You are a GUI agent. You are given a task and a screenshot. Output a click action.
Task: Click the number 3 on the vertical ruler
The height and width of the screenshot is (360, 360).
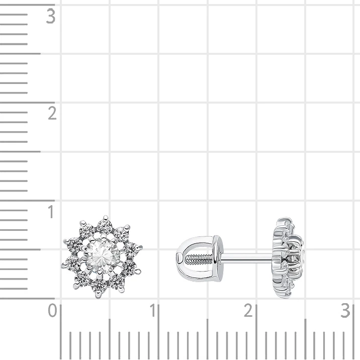pos(50,16)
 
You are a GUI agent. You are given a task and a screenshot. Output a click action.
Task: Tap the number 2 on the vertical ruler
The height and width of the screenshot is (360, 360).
pos(52,113)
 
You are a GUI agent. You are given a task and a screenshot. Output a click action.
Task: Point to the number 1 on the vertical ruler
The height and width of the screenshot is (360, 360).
pos(51,212)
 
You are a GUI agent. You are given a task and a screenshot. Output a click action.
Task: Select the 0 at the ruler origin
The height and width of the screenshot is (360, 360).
pos(52,310)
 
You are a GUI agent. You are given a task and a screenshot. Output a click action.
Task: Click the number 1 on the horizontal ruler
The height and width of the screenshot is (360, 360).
pos(153,310)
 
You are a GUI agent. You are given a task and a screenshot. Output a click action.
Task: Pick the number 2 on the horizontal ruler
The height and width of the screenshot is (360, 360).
pos(248,310)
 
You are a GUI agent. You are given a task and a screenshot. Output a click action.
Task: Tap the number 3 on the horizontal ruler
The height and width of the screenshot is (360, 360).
pos(345,310)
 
